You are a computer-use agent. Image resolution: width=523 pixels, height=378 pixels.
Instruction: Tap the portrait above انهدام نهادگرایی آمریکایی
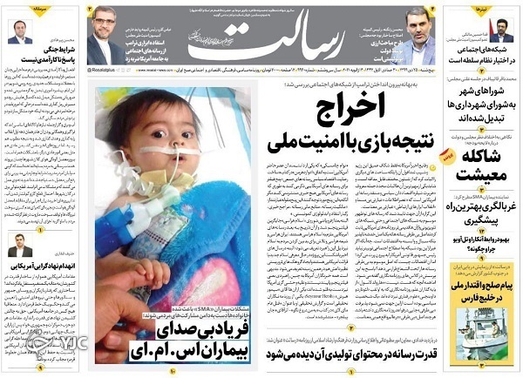(19, 244)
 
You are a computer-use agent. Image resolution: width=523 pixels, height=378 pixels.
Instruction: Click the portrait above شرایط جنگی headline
(20, 31)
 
